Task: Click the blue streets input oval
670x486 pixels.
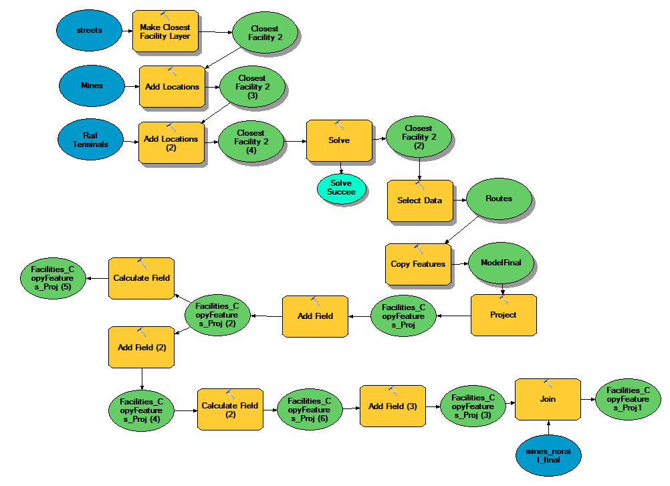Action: coord(89,31)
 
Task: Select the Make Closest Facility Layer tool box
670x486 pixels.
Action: coord(165,31)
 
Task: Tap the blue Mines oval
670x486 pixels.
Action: coord(92,86)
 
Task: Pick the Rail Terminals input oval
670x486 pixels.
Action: coord(91,140)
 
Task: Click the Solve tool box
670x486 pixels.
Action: coord(339,141)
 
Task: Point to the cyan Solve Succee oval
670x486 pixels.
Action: coord(342,188)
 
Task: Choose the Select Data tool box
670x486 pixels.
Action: coord(420,201)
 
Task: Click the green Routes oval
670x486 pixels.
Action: coord(499,199)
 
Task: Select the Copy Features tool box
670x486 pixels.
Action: coord(418,264)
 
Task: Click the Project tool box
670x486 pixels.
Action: coord(504,315)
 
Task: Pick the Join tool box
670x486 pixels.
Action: coord(548,400)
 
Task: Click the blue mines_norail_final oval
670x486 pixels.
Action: coord(548,455)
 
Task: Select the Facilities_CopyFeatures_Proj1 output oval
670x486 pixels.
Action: coord(628,400)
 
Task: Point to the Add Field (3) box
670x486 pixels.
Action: coord(393,406)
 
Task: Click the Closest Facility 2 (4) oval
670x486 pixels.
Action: coord(251,141)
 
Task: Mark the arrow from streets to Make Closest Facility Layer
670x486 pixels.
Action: coord(126,31)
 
